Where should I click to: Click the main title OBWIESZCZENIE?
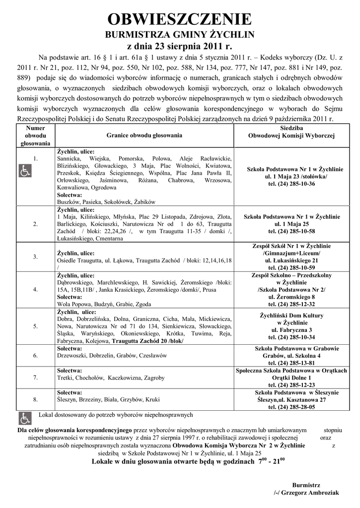pyautogui.click(x=180, y=19)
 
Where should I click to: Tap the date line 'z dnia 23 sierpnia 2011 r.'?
pyautogui.click(x=180, y=47)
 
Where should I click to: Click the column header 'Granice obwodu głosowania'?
pyautogui.click(x=144, y=135)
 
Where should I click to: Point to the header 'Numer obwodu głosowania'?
pyautogui.click(x=35, y=135)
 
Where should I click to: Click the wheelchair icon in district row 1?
pyautogui.click(x=24, y=171)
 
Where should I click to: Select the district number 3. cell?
pyautogui.click(x=35, y=256)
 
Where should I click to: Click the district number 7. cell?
pyautogui.click(x=35, y=378)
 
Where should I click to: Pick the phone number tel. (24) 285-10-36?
pyautogui.click(x=291, y=184)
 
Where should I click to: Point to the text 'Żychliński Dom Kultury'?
pyautogui.click(x=291, y=316)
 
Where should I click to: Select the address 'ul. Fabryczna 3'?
pyautogui.click(x=291, y=330)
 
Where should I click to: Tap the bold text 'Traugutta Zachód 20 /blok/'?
pyautogui.click(x=148, y=341)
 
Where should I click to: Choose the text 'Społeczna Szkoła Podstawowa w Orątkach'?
pyautogui.click(x=291, y=371)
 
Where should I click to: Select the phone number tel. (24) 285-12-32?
pyautogui.click(x=291, y=304)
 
